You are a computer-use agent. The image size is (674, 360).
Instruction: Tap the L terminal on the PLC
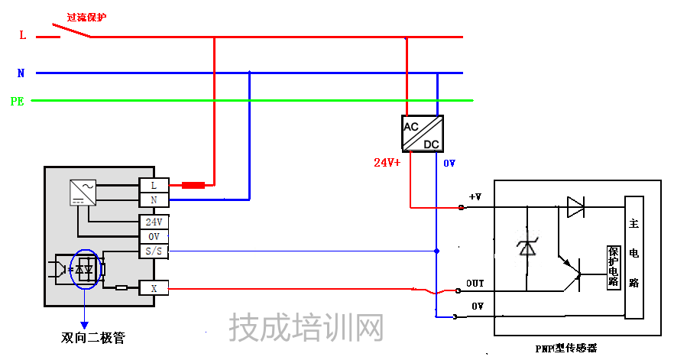coord(154,185)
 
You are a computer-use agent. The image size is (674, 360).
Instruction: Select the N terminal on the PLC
coord(154,200)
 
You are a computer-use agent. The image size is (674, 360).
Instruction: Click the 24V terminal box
coord(154,222)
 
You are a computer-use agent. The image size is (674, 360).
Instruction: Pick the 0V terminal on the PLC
coord(154,236)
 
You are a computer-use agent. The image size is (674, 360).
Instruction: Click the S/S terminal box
coord(154,251)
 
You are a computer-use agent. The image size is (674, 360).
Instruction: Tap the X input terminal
coord(154,288)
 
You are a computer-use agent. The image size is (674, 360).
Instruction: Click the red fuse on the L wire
coord(193,185)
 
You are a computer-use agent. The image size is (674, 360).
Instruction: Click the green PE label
coord(17,101)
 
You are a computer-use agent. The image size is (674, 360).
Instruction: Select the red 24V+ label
coord(387,163)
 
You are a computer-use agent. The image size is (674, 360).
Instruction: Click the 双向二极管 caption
coord(92,337)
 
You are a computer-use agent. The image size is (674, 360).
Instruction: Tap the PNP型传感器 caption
coord(565,349)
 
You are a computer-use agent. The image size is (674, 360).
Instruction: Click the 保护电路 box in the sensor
coord(613,267)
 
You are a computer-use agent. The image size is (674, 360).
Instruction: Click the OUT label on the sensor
coord(475,284)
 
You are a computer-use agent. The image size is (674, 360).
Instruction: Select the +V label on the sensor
coord(475,197)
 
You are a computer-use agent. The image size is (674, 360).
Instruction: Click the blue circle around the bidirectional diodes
coord(84,268)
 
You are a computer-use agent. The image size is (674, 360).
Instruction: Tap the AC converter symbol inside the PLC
coord(82,191)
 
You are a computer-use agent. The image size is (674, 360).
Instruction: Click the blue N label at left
coord(21,73)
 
